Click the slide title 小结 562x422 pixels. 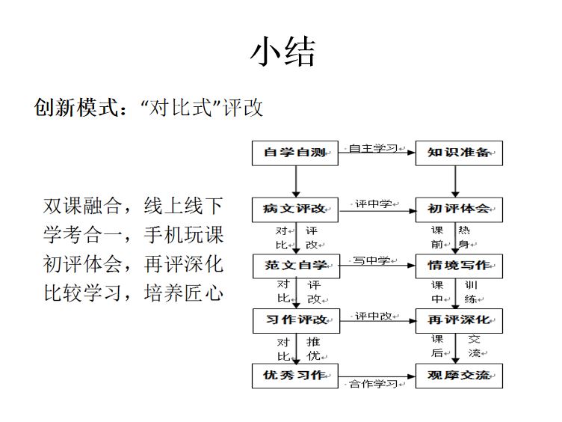pos(282,52)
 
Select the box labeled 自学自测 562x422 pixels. pos(295,153)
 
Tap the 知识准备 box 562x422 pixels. pos(459,153)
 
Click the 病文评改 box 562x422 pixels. pos(295,210)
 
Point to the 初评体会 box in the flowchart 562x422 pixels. pos(459,210)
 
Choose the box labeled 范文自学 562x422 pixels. pos(297,266)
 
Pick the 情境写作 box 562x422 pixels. pos(459,266)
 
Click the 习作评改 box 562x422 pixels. pos(297,321)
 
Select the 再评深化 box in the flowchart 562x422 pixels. pos(459,321)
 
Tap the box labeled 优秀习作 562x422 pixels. pos(295,376)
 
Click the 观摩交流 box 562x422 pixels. pos(459,376)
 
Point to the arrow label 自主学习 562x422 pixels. pos(373,148)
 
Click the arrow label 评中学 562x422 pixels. pos(374,204)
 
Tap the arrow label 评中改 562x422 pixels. pos(374,316)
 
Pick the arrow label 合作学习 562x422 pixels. pos(373,384)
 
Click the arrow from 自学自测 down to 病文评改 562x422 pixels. pos(296,182)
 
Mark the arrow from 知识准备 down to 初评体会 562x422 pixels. pos(455,182)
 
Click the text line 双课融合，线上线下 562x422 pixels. pos(133,206)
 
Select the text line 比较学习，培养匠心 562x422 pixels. pos(133,293)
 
